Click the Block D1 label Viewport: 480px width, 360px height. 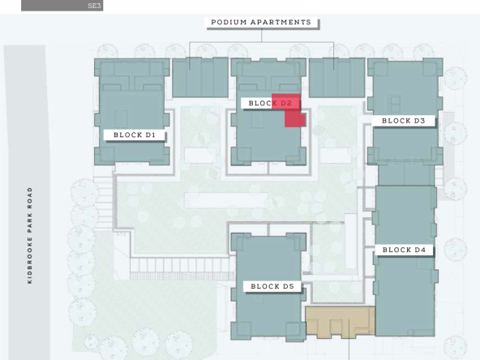tap(135, 135)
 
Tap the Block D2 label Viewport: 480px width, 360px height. tap(270, 103)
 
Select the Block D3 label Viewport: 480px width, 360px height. tap(404, 121)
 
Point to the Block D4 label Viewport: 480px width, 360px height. tap(404, 250)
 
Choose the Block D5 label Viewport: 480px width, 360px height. tap(272, 286)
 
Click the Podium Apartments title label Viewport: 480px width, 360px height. tap(261, 23)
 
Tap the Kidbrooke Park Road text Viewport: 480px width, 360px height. tap(30, 236)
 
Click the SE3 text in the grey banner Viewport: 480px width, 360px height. tap(94, 6)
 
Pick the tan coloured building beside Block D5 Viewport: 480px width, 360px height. tap(340, 321)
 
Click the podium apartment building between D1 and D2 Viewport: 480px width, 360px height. tap(200, 78)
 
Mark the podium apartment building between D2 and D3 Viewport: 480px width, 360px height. tap(336, 78)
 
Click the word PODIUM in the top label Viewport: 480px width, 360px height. tap(225, 23)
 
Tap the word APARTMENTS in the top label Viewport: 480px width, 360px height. tap(281, 23)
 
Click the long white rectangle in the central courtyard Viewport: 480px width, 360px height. tap(226, 200)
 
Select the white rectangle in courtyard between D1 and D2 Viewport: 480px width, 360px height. tap(200, 156)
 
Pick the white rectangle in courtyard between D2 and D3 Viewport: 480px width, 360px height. tap(335, 156)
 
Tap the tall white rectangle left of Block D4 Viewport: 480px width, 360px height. tap(351, 242)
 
